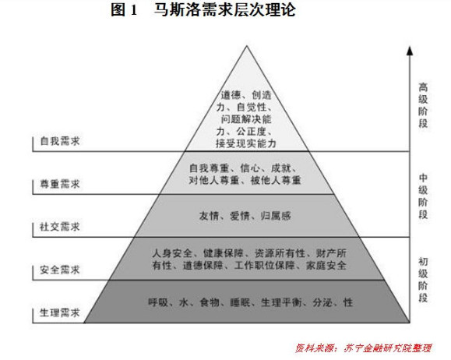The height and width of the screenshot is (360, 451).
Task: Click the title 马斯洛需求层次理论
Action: coord(224,10)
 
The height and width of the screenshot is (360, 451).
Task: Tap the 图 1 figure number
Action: coord(124,10)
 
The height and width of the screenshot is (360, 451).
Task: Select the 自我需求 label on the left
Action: coord(60,141)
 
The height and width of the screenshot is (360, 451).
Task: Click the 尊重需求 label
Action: coord(60,184)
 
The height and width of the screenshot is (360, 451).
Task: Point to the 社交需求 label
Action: coord(60,227)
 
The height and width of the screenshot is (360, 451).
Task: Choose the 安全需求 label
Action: coord(60,270)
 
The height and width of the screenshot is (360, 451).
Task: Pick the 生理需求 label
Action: coord(60,312)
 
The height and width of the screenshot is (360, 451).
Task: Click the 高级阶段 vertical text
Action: coord(423,105)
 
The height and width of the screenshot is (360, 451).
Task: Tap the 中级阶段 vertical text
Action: coord(423,196)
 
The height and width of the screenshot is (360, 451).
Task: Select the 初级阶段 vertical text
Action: coord(423,280)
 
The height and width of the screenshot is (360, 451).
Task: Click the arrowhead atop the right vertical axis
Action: coord(410,51)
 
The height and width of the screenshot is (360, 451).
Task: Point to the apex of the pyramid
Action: coord(246,46)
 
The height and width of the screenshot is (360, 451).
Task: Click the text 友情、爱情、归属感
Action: coord(245,216)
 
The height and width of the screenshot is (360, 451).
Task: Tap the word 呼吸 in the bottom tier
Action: coord(158,302)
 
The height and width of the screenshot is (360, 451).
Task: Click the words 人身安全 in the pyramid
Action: coord(172,253)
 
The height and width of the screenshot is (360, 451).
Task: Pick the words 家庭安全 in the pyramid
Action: coord(326,265)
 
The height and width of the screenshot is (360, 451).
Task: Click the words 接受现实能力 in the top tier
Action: coord(246,143)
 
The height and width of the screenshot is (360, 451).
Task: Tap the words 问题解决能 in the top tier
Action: coord(246,119)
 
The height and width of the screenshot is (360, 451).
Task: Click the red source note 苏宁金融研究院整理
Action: coord(387,348)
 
